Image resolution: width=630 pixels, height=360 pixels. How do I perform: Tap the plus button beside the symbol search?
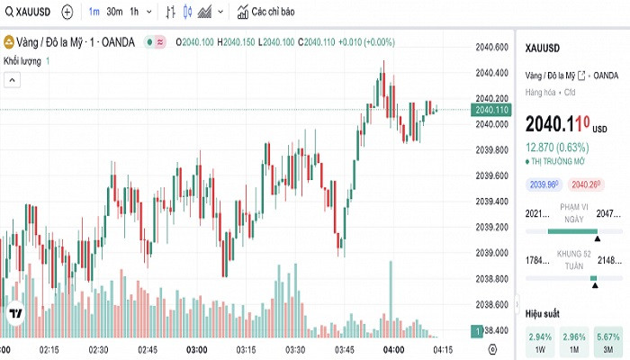(x=68, y=13)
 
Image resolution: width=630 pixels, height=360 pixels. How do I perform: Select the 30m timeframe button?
(x=114, y=13)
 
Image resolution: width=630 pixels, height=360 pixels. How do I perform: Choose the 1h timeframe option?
(x=135, y=13)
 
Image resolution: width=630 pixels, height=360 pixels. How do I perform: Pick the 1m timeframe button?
(x=94, y=13)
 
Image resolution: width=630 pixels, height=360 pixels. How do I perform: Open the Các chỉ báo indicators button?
(x=266, y=13)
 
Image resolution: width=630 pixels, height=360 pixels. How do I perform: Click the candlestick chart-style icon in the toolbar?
(x=187, y=13)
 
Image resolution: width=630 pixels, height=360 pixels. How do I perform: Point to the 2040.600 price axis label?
(x=492, y=47)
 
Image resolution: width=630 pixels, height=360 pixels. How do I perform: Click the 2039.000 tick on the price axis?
(x=492, y=252)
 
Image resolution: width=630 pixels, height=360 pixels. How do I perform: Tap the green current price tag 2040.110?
(x=491, y=110)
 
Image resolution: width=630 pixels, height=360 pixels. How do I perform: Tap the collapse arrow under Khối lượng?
(x=13, y=80)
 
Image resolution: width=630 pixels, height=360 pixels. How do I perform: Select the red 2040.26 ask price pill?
(x=586, y=184)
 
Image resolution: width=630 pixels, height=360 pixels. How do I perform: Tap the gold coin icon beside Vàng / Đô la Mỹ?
(x=9, y=41)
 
